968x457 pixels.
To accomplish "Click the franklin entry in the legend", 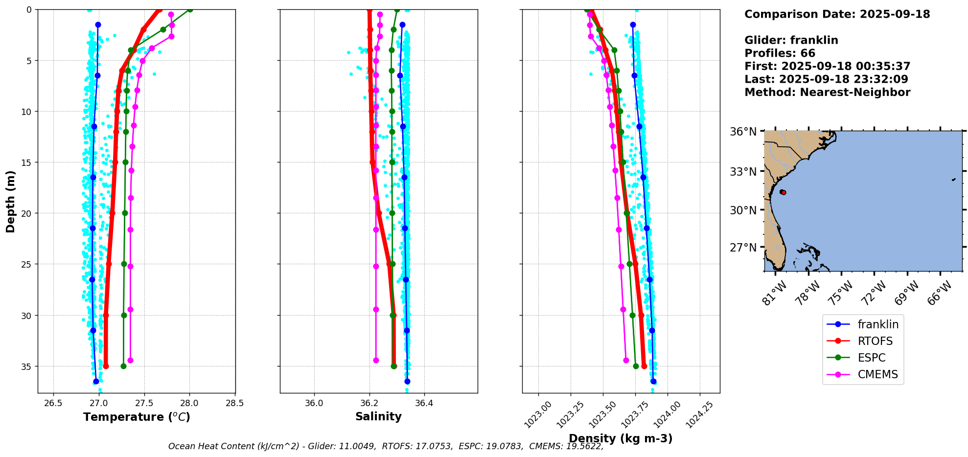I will [877, 324].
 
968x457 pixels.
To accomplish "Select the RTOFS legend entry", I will [875, 341].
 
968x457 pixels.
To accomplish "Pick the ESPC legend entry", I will [871, 358].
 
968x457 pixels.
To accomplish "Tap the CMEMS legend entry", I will [877, 374].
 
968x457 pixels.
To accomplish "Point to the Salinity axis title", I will [378, 416].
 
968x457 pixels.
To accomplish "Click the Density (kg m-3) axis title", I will [621, 438].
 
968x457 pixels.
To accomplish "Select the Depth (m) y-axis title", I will [11, 202].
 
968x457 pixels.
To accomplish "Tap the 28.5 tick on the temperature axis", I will [235, 403].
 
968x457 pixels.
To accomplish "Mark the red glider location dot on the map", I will [784, 192].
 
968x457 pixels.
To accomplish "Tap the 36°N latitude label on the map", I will [743, 132].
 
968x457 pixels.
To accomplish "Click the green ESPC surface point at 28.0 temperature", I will [190, 9].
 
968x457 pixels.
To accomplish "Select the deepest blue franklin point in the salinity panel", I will [407, 381].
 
